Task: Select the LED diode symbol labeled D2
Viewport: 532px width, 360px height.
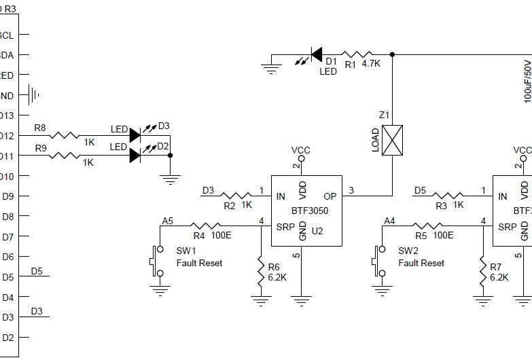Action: pos(135,155)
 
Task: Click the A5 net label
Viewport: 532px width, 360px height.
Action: pos(167,220)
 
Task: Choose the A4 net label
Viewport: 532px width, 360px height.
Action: pos(389,220)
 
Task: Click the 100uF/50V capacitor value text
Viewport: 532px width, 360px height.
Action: pos(527,79)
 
